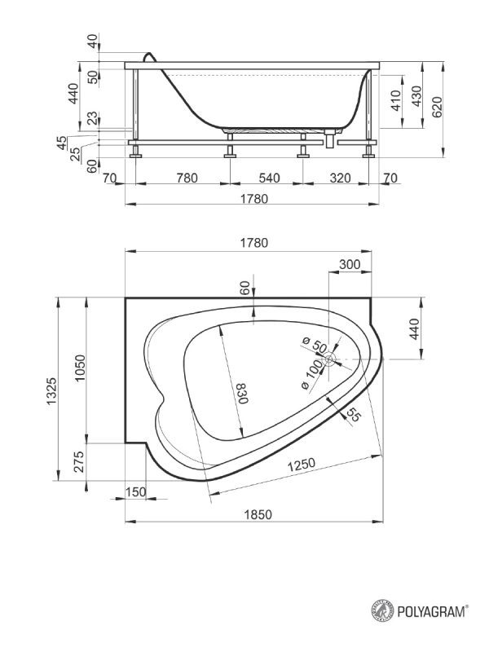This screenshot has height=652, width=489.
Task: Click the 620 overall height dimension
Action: coord(438,107)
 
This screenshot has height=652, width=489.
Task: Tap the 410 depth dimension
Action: coord(396,100)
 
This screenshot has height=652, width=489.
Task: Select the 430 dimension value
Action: coord(416,96)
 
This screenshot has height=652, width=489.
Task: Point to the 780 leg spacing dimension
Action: coord(187,178)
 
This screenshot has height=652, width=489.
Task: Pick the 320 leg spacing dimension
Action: coord(340,178)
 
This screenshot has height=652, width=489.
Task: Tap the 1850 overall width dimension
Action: coord(258,515)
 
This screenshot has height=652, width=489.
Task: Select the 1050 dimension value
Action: coord(80,368)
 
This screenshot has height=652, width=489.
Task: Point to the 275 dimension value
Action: coord(79,461)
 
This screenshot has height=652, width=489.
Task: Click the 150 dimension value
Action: coord(136,492)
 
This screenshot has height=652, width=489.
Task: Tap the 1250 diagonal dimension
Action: coord(302,465)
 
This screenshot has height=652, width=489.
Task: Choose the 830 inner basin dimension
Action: coord(241,394)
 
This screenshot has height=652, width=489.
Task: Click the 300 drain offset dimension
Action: coord(350,264)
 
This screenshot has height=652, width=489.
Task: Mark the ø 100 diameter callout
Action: coord(312,374)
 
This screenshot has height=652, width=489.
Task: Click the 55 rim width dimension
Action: coord(353,414)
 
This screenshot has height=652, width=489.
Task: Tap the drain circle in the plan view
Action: coord(330,359)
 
